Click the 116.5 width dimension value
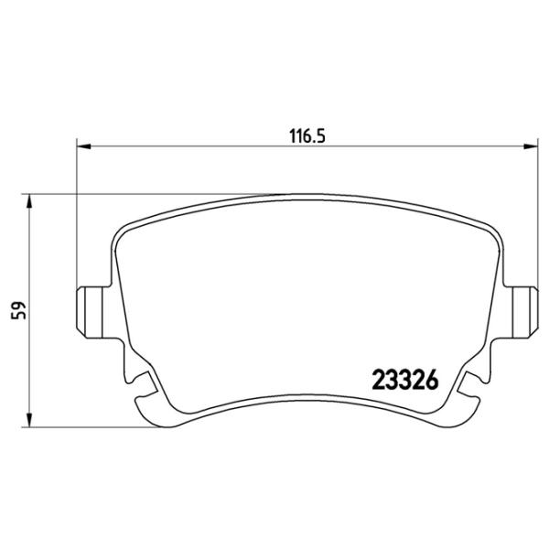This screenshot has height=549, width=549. click(x=307, y=135)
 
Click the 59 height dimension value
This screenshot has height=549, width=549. click(x=19, y=310)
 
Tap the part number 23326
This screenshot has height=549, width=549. click(x=405, y=381)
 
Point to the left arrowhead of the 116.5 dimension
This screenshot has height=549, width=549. click(x=83, y=146)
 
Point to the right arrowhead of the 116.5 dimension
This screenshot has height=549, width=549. click(x=530, y=146)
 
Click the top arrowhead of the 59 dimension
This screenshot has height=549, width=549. click(x=29, y=201)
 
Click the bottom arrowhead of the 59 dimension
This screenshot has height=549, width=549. click(x=29, y=420)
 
